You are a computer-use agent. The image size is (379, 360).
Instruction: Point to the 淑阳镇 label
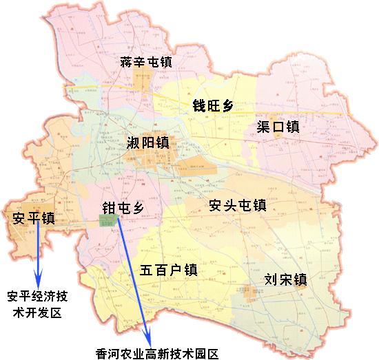[148, 144]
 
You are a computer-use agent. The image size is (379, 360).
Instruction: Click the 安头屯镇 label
[236, 205]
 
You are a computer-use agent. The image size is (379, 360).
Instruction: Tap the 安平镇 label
[34, 218]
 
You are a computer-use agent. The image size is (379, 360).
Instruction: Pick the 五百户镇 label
[168, 269]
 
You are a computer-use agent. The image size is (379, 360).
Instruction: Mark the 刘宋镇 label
[285, 280]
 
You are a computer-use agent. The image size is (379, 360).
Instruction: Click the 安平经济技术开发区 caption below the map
[37, 304]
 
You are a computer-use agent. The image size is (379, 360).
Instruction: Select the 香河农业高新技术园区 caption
[156, 354]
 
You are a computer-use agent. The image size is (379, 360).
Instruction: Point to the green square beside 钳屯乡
[108, 222]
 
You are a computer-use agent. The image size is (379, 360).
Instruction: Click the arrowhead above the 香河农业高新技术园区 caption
[147, 336]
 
